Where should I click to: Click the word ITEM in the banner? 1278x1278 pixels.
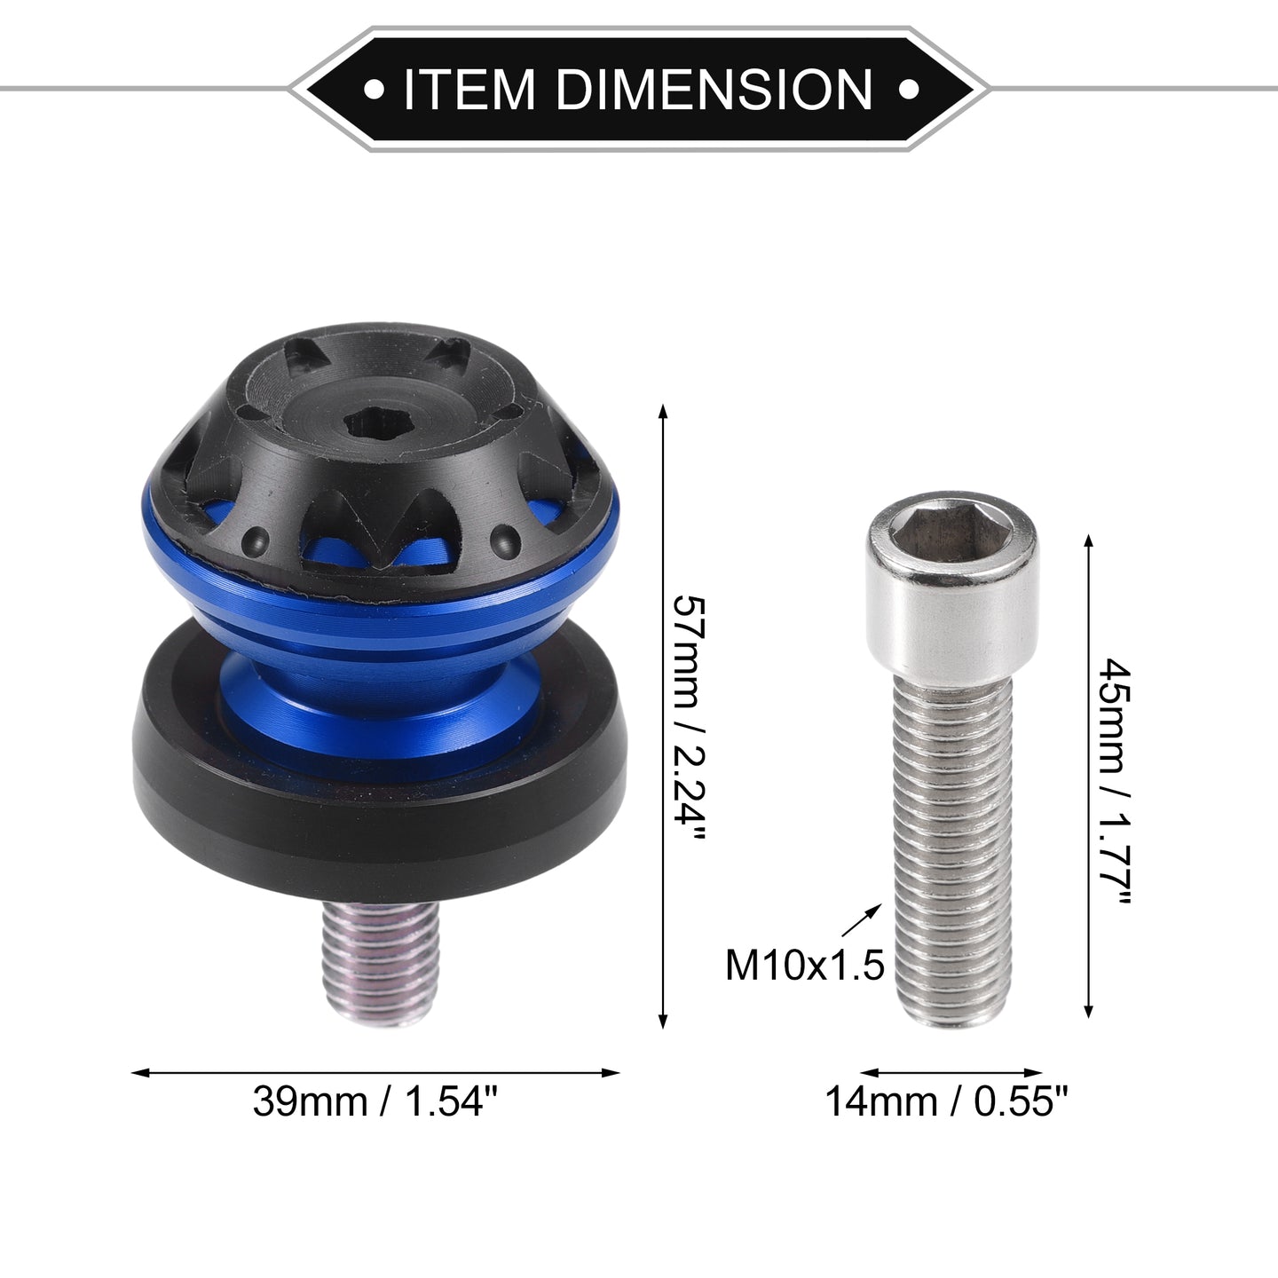click(x=469, y=89)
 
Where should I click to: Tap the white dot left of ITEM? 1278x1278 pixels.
click(x=374, y=90)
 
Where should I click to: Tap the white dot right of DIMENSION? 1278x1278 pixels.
click(x=908, y=90)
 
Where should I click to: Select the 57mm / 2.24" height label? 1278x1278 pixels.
click(x=690, y=718)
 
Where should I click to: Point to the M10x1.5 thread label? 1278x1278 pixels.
click(x=804, y=965)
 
